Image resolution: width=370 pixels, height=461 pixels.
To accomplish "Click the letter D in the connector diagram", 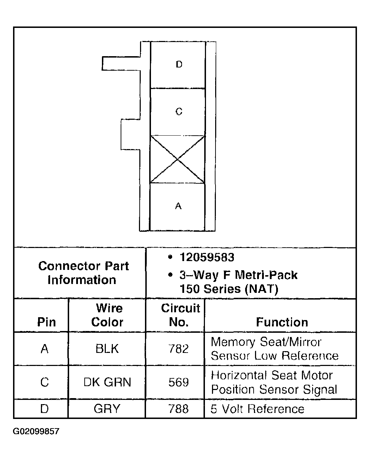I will click(x=179, y=64).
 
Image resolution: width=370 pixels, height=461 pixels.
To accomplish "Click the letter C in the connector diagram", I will click(x=179, y=112).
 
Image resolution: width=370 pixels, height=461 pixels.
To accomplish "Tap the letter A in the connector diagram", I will click(x=178, y=206).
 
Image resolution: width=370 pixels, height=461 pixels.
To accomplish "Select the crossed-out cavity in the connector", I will click(x=177, y=159).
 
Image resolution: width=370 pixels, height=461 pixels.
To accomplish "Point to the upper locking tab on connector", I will click(x=121, y=63).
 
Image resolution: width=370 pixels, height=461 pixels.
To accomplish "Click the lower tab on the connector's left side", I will click(x=131, y=134).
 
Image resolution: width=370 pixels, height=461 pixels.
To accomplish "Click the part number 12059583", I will click(x=207, y=257).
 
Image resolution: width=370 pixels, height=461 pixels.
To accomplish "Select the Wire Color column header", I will click(x=107, y=315).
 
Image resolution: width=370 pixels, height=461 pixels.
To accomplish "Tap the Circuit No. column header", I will click(x=180, y=315).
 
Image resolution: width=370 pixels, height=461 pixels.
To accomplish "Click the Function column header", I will click(x=282, y=322).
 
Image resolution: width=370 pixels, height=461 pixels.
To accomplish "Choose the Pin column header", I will click(x=46, y=322).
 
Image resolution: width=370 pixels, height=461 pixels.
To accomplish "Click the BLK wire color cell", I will click(x=107, y=349).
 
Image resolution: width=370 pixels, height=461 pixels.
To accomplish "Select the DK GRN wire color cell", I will click(x=107, y=382).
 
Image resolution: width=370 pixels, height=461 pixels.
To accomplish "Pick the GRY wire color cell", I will click(x=107, y=409).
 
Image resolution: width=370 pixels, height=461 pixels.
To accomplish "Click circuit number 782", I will click(x=178, y=349).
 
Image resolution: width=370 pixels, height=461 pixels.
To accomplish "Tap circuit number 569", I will click(x=178, y=382).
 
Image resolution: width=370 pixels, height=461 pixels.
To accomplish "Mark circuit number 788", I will click(x=178, y=409).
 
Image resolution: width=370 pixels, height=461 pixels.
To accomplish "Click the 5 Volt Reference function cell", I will click(x=257, y=409).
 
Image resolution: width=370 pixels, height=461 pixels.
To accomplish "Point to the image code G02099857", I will click(x=36, y=431).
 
